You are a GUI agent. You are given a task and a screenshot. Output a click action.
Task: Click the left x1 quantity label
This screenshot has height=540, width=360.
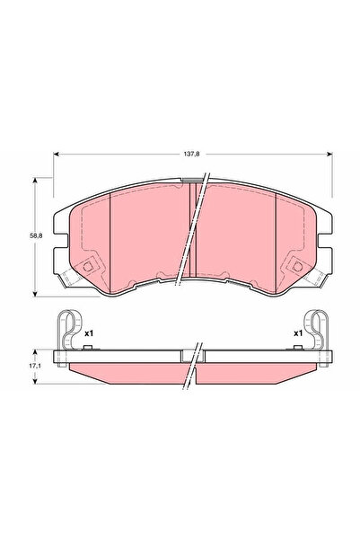(89, 334)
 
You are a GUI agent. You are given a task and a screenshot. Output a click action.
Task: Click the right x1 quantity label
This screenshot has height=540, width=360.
(297, 334)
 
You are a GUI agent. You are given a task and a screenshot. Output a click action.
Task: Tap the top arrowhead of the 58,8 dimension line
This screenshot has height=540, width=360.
(35, 180)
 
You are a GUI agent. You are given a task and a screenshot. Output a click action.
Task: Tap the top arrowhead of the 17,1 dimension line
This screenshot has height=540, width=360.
(35, 351)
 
